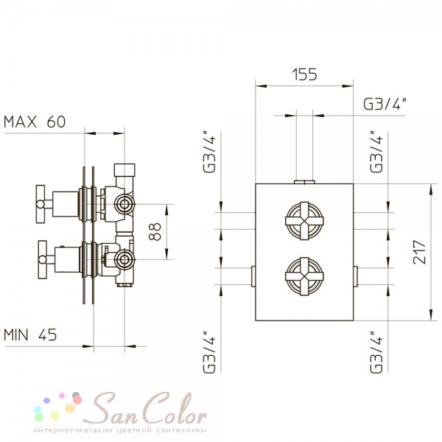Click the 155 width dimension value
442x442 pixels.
coord(304,74)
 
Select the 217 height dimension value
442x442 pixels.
coord(419,252)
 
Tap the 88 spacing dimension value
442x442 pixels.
coord(155,231)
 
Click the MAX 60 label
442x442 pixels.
coord(35,122)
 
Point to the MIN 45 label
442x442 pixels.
coord(30,334)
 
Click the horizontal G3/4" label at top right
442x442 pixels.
coord(385,104)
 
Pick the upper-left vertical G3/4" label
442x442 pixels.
coord(209,152)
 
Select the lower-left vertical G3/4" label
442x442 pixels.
coord(209,352)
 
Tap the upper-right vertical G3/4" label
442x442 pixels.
coord(376,152)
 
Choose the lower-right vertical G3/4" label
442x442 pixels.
coord(376,352)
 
